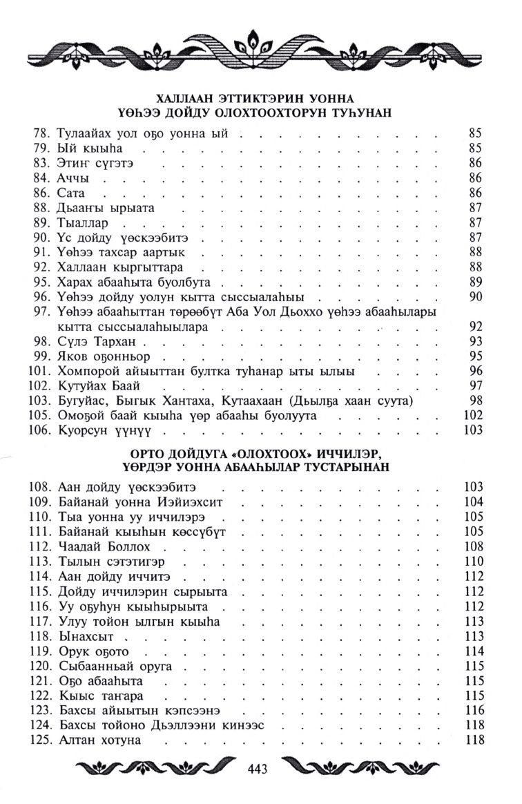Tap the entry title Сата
click(72, 193)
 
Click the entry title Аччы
click(75, 178)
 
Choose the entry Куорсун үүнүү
click(109, 431)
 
